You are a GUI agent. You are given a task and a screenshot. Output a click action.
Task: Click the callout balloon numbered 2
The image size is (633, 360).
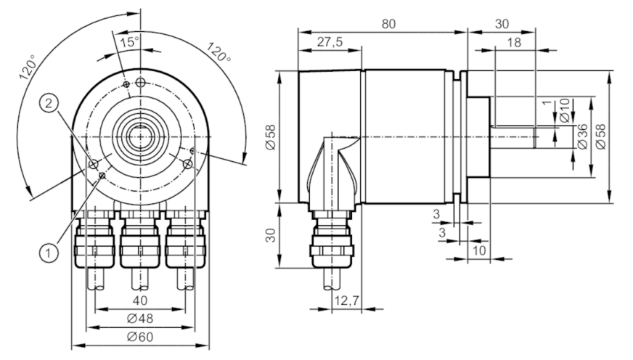(x=49, y=104)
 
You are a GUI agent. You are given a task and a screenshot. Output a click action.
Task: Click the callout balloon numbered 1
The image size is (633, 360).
(x=49, y=253)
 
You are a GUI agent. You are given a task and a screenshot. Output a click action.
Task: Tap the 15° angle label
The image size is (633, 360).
(x=130, y=42)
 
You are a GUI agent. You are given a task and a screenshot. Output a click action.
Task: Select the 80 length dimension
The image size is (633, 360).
(x=388, y=24)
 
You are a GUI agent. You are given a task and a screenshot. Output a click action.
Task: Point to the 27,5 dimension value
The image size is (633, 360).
(x=330, y=42)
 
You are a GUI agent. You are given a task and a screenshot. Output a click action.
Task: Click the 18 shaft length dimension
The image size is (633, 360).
(x=514, y=42)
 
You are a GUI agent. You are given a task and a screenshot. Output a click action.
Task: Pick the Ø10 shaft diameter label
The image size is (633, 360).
(x=565, y=110)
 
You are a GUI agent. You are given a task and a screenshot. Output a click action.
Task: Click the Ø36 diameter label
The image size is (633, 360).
(x=582, y=137)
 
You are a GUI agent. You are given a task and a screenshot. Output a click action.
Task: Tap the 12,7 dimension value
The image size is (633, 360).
(x=346, y=300)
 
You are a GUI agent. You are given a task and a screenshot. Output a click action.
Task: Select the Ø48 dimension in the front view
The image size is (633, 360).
(x=139, y=319)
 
